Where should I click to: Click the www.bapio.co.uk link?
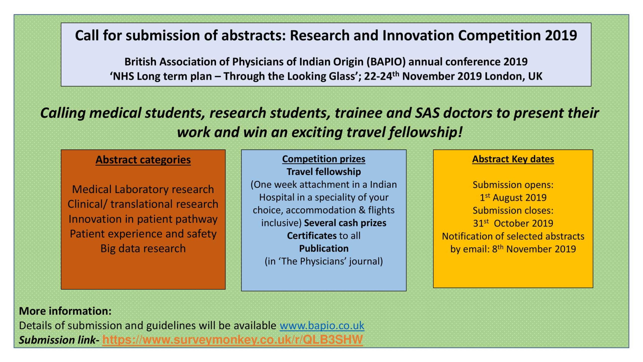[322, 326]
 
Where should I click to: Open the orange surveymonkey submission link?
[233, 340]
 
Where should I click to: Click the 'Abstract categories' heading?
[143, 160]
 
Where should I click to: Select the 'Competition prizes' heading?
[324, 159]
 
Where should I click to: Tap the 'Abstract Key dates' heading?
[513, 159]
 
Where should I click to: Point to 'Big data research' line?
[143, 248]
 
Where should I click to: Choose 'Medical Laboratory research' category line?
[143, 189]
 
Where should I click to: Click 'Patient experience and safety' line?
[143, 234]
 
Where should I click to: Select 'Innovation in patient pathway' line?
[143, 219]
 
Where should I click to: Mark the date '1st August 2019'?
[513, 198]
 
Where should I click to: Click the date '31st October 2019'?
[513, 223]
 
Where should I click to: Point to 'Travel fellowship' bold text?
[324, 172]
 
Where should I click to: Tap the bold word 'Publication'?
[324, 248]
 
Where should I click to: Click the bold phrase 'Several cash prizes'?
[345, 223]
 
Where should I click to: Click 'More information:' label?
[65, 311]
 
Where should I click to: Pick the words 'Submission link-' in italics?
[59, 340]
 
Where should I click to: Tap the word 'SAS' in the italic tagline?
[427, 113]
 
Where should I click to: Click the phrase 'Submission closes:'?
[513, 210]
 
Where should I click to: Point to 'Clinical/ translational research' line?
[143, 204]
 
